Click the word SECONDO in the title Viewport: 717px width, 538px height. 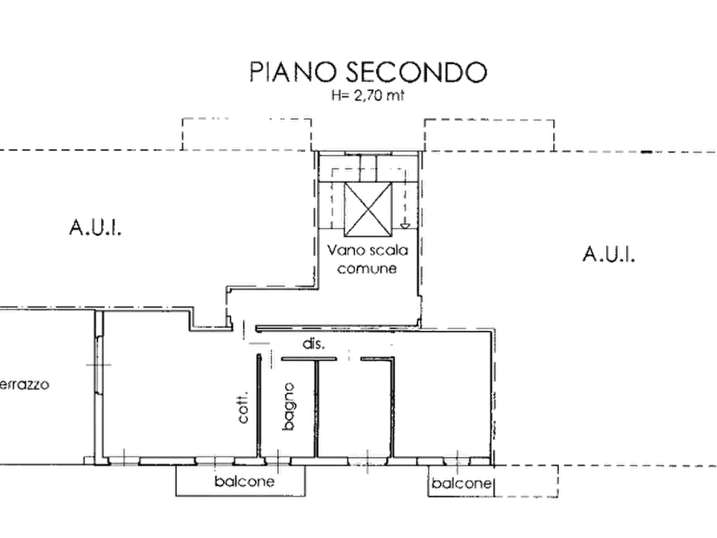tap(416, 71)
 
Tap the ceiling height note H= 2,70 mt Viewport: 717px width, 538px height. tap(368, 96)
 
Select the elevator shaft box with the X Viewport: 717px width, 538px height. tap(368, 210)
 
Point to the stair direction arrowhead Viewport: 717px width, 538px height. tap(405, 225)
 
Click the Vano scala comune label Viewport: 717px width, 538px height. tap(368, 259)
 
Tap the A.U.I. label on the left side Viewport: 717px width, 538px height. tap(96, 227)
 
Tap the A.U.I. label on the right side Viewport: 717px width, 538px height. tap(609, 254)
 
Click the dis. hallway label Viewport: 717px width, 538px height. tap(314, 344)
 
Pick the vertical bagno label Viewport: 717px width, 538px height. tap(288, 406)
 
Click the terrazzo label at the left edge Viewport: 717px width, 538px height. tap(24, 384)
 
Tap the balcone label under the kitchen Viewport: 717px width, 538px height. tap(244, 481)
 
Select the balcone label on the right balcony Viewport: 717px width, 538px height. tap(461, 483)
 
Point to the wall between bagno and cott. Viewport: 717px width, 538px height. tap(259, 406)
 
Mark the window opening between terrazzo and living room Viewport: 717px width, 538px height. tap(99, 365)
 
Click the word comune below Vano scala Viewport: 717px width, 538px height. tap(367, 268)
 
